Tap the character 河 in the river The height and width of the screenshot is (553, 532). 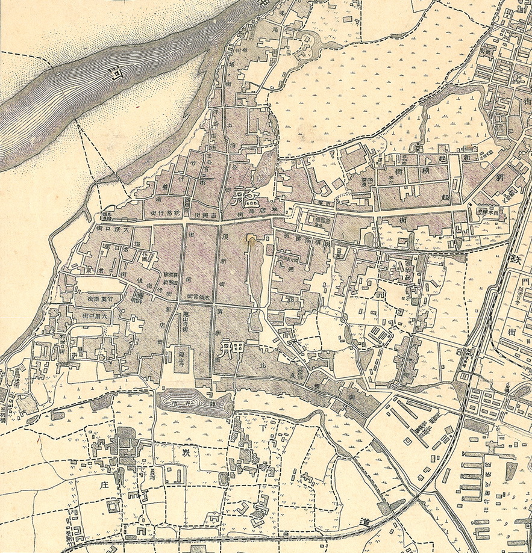tap(113, 75)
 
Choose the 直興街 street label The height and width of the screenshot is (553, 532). tap(198, 215)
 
